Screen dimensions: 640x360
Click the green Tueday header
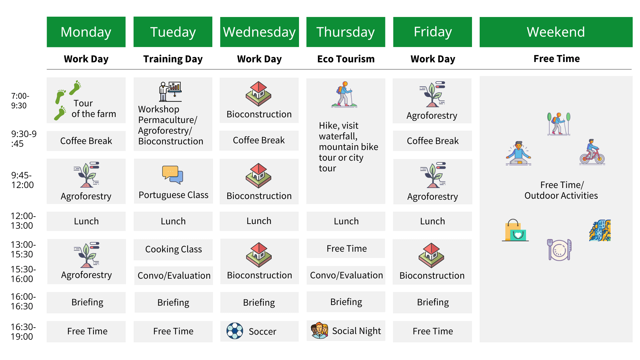(x=173, y=32)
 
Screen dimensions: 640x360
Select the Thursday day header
(x=346, y=32)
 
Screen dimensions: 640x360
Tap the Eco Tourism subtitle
(x=346, y=59)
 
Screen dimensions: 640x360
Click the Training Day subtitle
(x=173, y=59)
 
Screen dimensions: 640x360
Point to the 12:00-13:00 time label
(x=23, y=221)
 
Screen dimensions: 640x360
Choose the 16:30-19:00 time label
(x=23, y=332)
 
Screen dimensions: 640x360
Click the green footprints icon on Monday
(x=68, y=100)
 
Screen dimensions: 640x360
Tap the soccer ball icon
(x=235, y=331)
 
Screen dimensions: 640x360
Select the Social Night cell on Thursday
(x=346, y=331)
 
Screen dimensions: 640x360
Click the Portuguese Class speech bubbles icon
(x=173, y=175)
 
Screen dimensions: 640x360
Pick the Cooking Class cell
(x=173, y=249)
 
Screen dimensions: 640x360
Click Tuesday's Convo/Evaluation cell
(x=173, y=275)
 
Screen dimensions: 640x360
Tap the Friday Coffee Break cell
(x=432, y=141)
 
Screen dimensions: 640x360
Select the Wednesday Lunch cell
(x=259, y=221)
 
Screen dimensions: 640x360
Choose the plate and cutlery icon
(x=559, y=250)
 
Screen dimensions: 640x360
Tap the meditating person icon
(x=518, y=153)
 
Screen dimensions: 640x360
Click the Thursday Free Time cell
(x=346, y=248)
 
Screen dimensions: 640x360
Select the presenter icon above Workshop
(x=170, y=91)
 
